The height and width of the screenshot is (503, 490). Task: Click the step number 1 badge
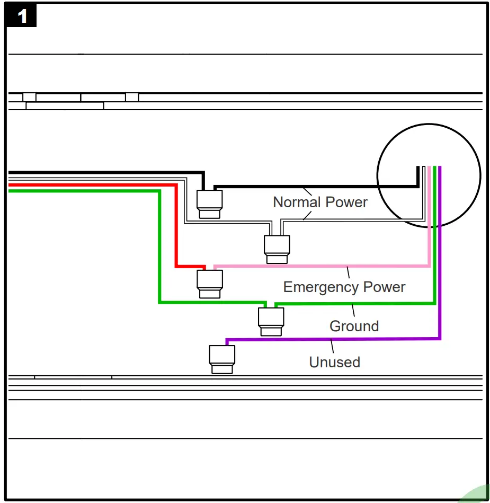point(22,16)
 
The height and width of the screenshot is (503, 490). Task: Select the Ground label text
point(354,326)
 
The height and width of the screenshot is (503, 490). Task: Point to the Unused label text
point(334,363)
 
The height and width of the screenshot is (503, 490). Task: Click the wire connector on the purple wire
point(222,359)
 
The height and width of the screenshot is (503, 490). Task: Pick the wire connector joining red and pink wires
point(210,284)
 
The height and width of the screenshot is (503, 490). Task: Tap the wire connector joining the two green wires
point(271,321)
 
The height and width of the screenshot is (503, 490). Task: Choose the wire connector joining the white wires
point(277,249)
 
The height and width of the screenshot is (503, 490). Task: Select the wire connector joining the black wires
point(210,204)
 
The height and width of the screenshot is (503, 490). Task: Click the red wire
point(106,185)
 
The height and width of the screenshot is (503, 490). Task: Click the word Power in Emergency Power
point(385,287)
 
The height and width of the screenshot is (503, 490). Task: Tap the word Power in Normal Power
point(346,202)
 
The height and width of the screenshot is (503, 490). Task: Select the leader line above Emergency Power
point(349,272)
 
